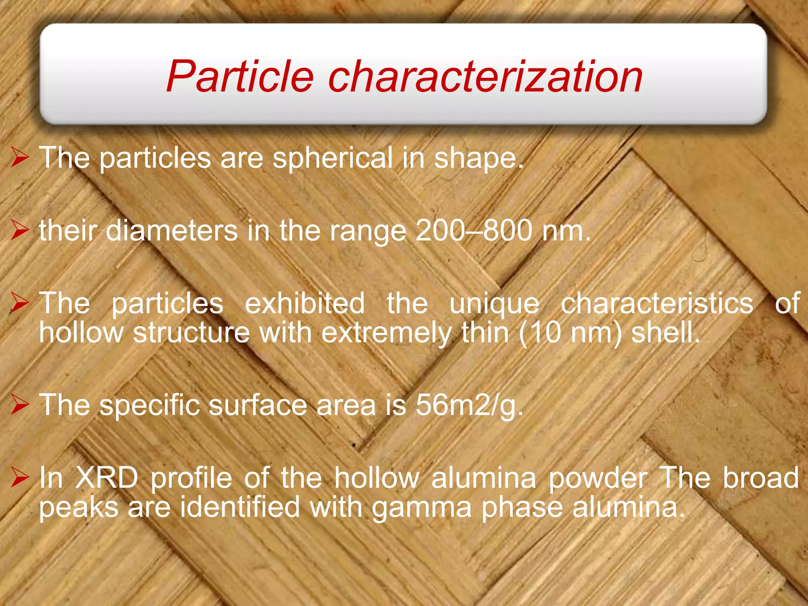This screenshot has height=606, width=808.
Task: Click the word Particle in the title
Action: pos(240,77)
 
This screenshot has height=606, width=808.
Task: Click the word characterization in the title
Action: pos(485,77)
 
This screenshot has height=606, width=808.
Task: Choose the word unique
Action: pos(494,304)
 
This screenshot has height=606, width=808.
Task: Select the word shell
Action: pos(665,333)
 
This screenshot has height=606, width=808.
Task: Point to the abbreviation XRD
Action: pos(107,478)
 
